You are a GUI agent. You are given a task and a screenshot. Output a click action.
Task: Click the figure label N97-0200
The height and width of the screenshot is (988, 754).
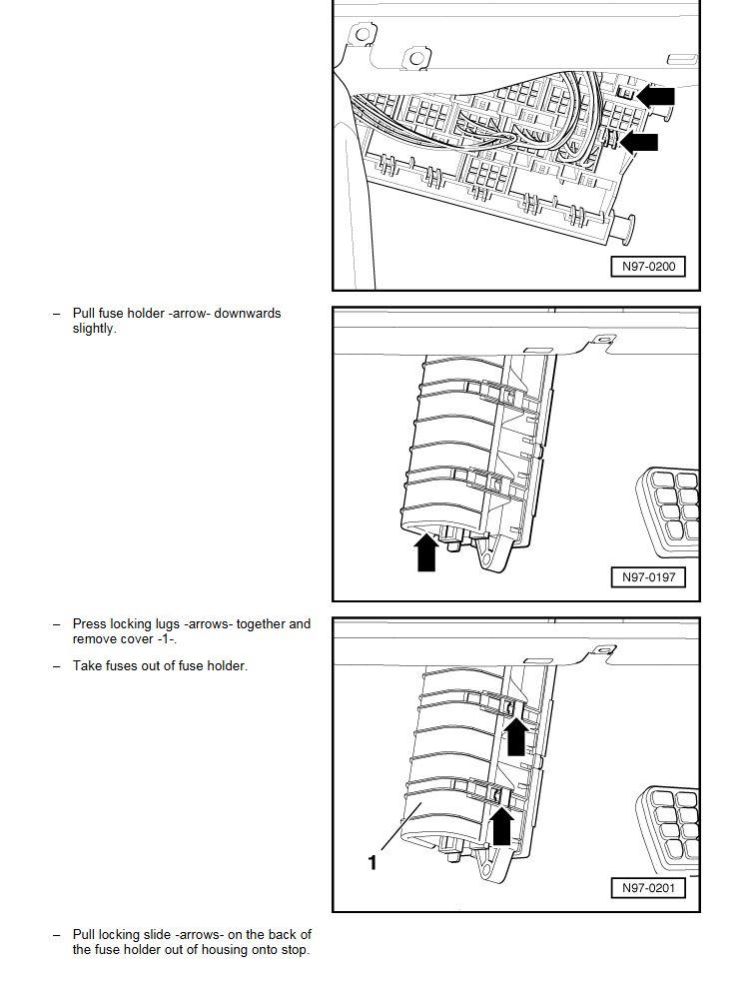pos(647,267)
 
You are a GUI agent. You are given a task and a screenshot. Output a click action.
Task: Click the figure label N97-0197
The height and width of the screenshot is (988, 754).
pos(647,577)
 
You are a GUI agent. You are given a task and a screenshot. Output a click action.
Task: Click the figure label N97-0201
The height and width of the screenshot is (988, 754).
pos(647,888)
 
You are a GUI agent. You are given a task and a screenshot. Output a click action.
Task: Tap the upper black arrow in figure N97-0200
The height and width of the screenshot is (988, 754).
pos(656,97)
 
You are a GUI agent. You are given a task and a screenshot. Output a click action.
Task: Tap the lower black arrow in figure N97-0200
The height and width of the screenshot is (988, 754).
pos(639,142)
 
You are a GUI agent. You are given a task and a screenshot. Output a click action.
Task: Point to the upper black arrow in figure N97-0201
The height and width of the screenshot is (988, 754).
pos(516,736)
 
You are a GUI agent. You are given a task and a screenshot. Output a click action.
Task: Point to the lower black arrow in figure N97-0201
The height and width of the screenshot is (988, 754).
pos(501,826)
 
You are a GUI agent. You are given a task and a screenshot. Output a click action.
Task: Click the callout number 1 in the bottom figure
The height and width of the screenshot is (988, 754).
pos(373,862)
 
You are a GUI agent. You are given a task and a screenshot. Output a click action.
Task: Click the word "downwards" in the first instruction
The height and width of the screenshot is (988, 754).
pos(248,313)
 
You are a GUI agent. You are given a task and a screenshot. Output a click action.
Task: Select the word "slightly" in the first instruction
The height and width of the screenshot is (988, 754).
pos(93,329)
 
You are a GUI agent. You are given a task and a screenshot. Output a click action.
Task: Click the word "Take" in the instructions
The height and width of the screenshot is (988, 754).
pos(86,665)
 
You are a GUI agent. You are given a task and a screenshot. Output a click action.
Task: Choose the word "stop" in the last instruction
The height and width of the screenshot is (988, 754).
pos(294,950)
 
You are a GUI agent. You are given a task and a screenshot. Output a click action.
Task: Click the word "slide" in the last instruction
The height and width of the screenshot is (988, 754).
pos(158,934)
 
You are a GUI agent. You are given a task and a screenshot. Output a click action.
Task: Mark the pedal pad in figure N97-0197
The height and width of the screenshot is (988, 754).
pos(668,511)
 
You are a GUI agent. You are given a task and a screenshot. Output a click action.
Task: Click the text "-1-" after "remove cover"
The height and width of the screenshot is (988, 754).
pos(168,639)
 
